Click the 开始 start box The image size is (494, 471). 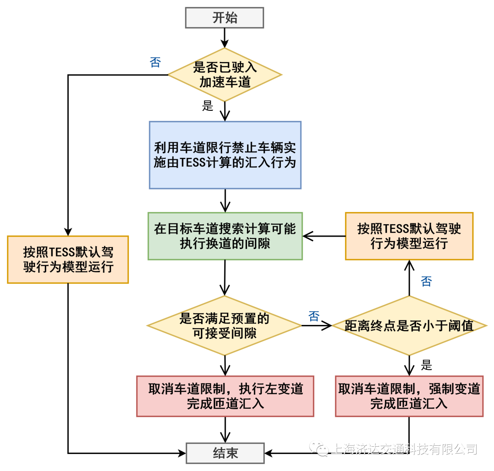tap(225, 18)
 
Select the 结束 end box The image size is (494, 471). tap(225, 453)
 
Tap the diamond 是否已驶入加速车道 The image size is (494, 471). tap(225, 75)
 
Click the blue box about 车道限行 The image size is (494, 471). tap(225, 155)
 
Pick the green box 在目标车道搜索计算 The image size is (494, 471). tap(225, 236)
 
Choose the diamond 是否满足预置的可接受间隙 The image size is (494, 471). tap(224, 325)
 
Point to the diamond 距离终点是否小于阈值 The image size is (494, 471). tap(408, 325)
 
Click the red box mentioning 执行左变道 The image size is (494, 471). tap(225, 396)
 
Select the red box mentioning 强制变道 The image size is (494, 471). tap(409, 396)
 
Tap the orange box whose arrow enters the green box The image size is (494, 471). tap(409, 236)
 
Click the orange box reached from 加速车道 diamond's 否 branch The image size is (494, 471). tap(68, 259)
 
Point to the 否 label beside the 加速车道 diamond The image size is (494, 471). tap(156, 62)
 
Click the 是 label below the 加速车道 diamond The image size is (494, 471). tap(208, 106)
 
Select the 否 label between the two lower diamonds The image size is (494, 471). tap(314, 316)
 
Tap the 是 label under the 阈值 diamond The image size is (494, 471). tap(426, 365)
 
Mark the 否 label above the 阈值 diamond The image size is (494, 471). tap(426, 281)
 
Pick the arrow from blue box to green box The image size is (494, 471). tap(225, 200)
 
